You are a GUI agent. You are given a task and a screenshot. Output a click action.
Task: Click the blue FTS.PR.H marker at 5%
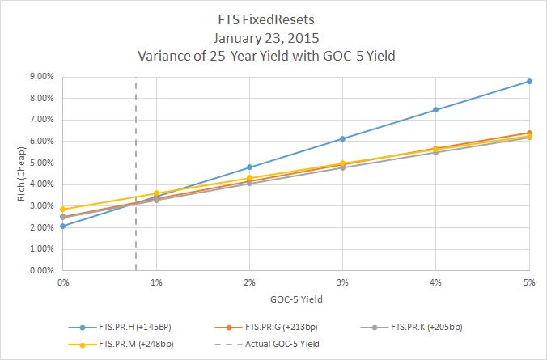(529, 81)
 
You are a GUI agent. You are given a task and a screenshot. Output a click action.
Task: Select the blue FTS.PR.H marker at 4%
(436, 110)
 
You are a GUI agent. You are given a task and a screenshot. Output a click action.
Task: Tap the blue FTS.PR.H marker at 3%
(342, 139)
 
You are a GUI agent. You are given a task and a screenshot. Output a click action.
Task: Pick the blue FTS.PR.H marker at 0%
(62, 226)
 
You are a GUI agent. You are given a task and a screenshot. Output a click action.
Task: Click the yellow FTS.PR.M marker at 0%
(62, 210)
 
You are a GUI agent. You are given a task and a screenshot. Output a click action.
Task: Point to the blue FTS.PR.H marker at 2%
(249, 167)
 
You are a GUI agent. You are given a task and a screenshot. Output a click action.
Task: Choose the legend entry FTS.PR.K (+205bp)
(425, 328)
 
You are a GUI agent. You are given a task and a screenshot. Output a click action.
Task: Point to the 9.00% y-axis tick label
(40, 76)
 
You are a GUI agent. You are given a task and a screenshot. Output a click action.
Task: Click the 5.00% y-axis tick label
(40, 163)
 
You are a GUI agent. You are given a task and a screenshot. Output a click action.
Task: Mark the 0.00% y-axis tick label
(40, 271)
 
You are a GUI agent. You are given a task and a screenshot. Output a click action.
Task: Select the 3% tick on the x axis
(342, 282)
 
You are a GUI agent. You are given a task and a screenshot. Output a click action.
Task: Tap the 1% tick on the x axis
(156, 282)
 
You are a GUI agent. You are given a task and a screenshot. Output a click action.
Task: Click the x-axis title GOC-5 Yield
(295, 299)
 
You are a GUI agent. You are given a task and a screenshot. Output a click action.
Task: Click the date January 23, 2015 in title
(273, 36)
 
